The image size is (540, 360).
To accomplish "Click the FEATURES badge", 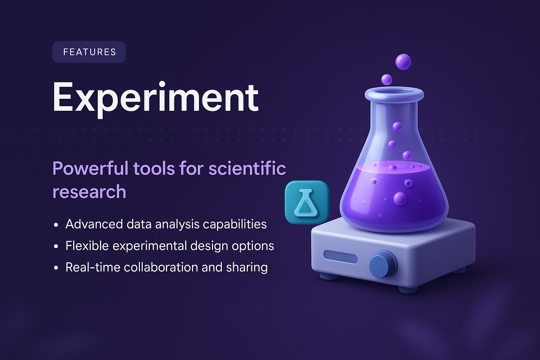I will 89,52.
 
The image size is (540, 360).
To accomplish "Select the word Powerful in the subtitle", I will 90,168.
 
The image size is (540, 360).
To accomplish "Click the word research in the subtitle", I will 89,192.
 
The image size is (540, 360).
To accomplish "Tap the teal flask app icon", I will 307,202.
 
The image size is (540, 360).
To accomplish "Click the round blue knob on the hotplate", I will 382,263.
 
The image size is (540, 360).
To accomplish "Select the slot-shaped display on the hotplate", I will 340,257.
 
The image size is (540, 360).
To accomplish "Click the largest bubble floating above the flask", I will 403,62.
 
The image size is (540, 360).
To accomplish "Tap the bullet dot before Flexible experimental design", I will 56,246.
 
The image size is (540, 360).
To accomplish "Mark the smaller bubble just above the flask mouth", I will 387,79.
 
